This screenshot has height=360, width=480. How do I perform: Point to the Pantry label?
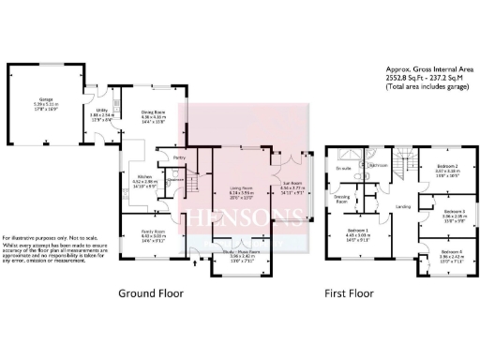pos(177,158)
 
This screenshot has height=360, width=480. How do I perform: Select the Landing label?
pos(403,206)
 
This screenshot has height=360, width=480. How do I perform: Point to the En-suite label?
pos(341,168)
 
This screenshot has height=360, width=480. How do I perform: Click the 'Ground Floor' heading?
pos(151,293)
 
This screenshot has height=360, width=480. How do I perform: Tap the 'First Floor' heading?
pos(350,293)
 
